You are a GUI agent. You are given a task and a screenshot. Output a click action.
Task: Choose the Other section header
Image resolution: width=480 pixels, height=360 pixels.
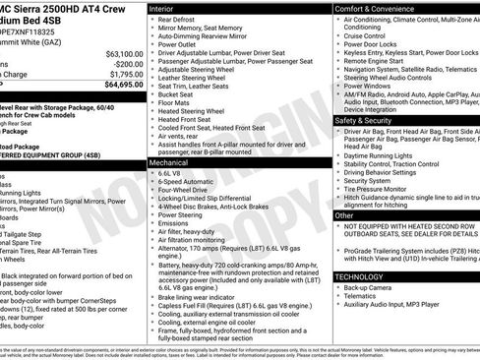point(345,213)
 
